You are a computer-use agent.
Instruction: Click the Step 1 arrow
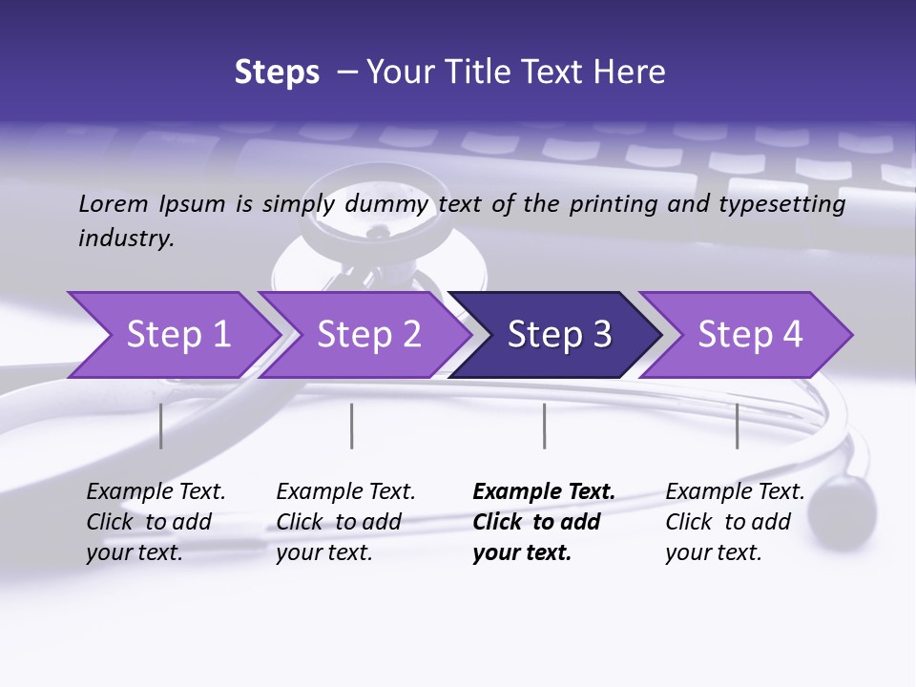pyautogui.click(x=177, y=335)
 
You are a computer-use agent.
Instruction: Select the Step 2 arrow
pyautogui.click(x=368, y=335)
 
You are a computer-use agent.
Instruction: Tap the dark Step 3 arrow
pyautogui.click(x=559, y=335)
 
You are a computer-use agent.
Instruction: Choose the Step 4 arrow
pyautogui.click(x=750, y=335)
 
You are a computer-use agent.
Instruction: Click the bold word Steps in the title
pyautogui.click(x=277, y=73)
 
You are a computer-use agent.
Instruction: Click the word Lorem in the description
pyautogui.click(x=113, y=203)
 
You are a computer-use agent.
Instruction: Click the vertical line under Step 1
pyautogui.click(x=160, y=426)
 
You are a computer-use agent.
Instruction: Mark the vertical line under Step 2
pyautogui.click(x=351, y=426)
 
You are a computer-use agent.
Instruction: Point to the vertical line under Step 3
pyautogui.click(x=544, y=426)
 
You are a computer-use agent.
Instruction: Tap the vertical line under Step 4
pyautogui.click(x=737, y=426)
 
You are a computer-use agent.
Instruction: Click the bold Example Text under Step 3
pyautogui.click(x=544, y=492)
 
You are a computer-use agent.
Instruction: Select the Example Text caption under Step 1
pyautogui.click(x=156, y=492)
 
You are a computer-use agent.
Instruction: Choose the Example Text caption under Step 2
pyautogui.click(x=345, y=492)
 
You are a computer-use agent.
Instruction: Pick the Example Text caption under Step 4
pyautogui.click(x=735, y=492)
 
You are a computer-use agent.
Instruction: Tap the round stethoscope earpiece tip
pyautogui.click(x=847, y=503)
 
